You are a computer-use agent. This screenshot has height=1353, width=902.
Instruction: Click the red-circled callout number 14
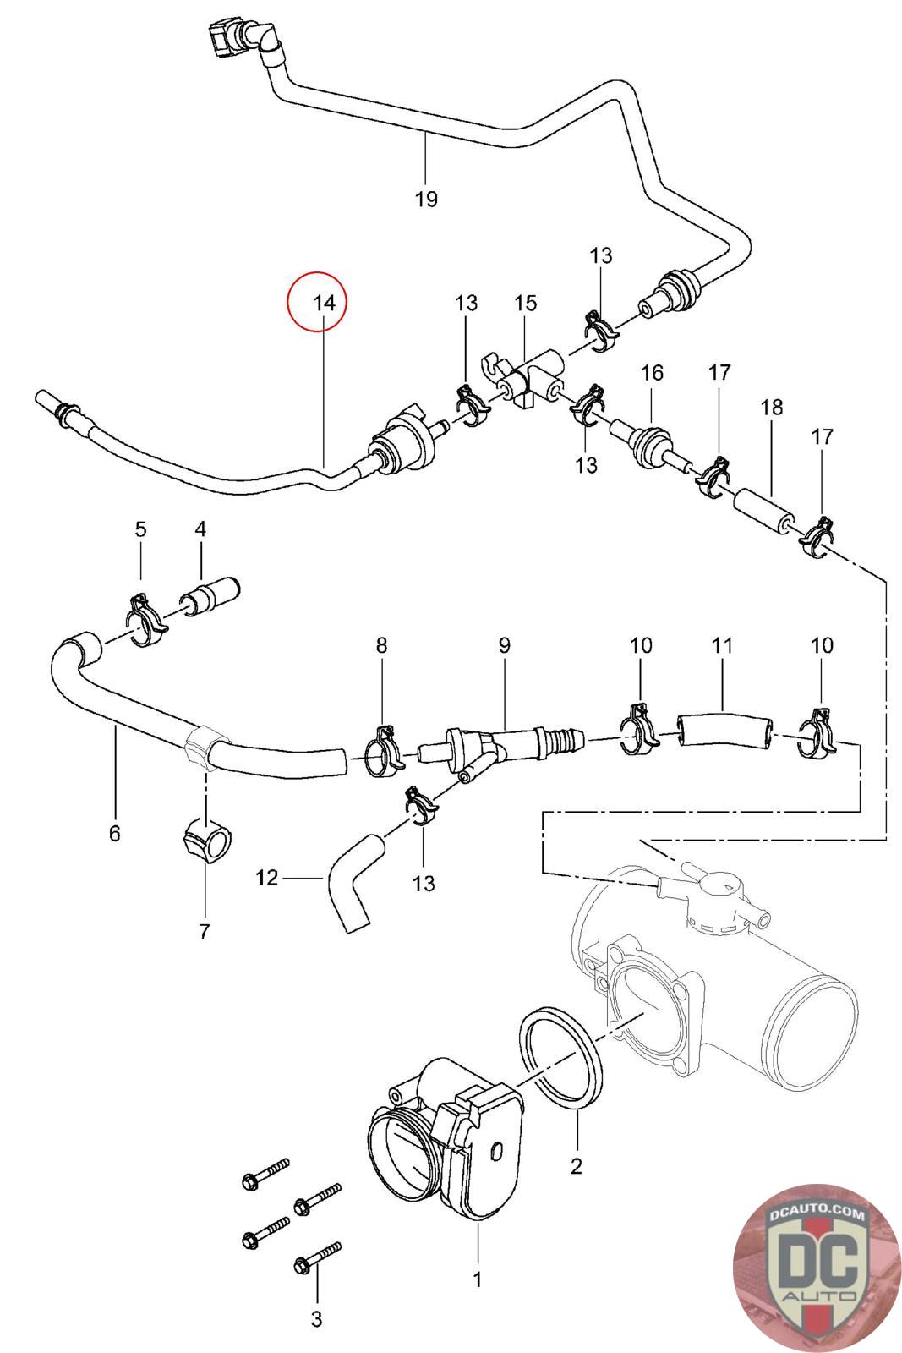(325, 302)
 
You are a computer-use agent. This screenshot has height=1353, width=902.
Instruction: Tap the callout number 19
(426, 199)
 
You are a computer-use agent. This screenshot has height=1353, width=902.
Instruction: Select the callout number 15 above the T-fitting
(525, 303)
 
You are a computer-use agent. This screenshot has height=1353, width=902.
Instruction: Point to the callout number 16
(652, 373)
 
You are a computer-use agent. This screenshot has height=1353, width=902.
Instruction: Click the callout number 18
(772, 407)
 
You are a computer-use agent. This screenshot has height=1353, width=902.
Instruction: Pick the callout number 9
(505, 646)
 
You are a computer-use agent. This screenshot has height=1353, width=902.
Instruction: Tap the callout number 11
(722, 646)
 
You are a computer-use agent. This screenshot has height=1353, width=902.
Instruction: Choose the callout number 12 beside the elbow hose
(266, 878)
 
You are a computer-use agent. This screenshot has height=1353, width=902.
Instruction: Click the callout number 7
(204, 931)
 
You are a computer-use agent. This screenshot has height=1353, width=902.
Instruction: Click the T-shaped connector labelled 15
(524, 380)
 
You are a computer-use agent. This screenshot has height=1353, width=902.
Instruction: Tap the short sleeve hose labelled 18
(763, 512)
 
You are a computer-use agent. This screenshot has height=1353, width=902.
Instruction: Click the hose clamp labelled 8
(385, 750)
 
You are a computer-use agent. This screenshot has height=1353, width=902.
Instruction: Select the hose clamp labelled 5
(145, 621)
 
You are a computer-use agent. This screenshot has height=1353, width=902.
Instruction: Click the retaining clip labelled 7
(209, 841)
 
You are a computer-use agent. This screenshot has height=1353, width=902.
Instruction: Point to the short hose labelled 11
(724, 731)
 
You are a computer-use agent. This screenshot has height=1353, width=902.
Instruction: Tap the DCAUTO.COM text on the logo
(817, 1213)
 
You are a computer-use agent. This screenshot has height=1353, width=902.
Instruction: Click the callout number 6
(115, 834)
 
